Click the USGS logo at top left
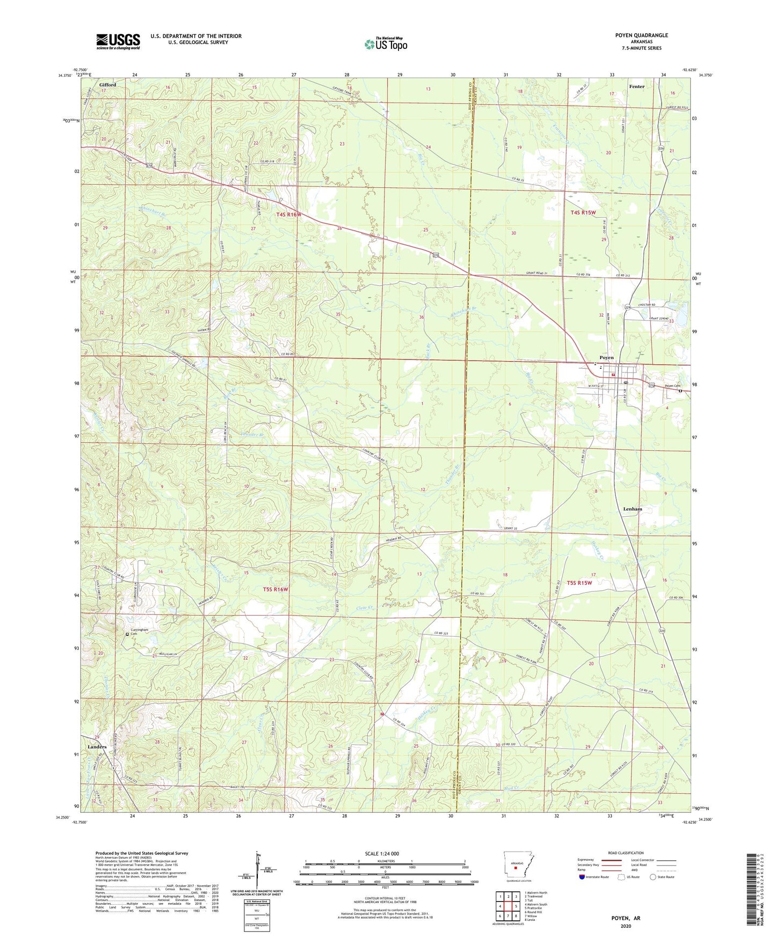pos(118,41)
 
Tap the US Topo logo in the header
pos(386,45)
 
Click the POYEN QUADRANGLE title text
pos(641,35)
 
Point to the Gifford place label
pos(107,85)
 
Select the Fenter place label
pos(636,86)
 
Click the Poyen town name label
pos(606,357)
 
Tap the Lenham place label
pos(633,509)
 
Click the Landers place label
pos(97,746)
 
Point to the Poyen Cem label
pos(672,386)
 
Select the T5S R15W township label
pos(580,583)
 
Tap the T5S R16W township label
pos(275,589)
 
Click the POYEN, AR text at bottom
pos(626,918)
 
